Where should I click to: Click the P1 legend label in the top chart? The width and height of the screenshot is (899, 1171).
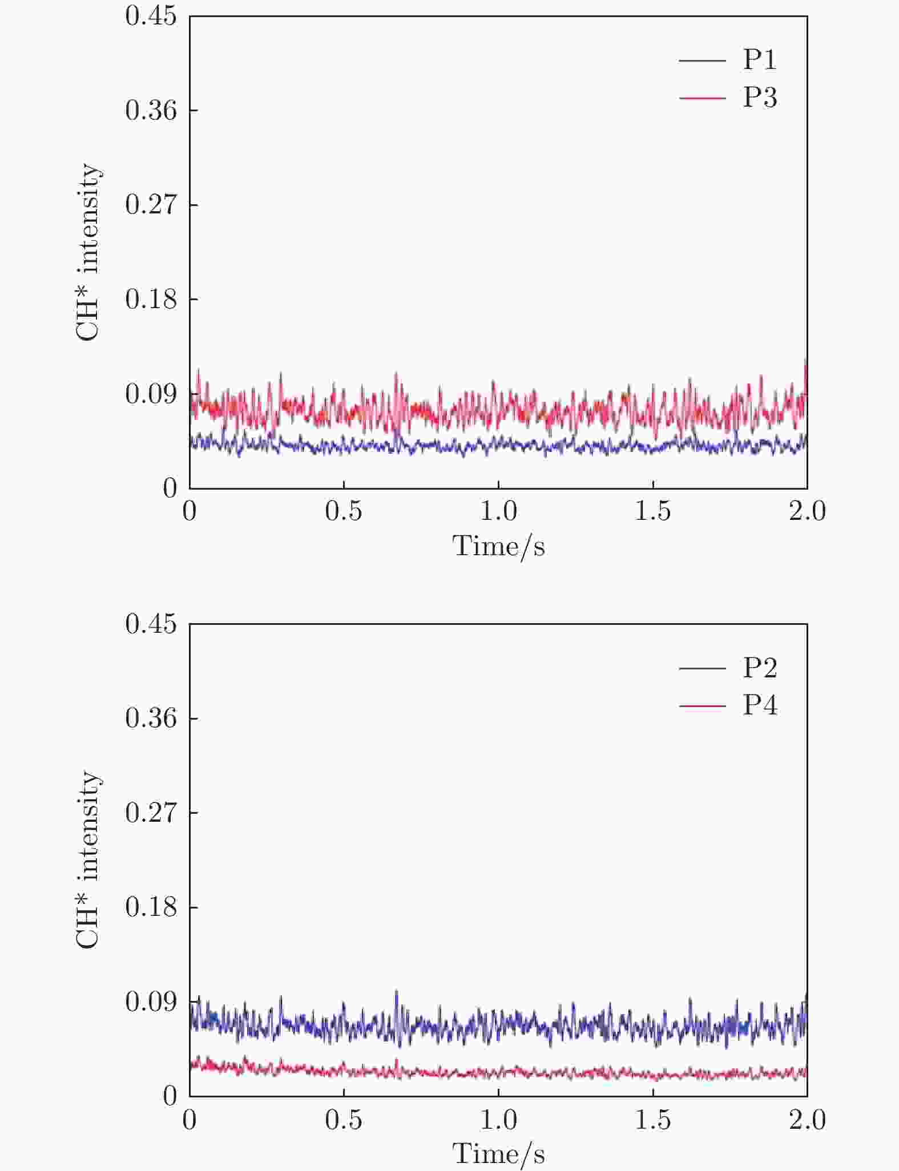[760, 59]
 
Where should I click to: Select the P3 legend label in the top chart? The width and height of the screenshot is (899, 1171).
[760, 98]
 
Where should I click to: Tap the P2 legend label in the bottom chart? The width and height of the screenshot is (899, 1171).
[760, 667]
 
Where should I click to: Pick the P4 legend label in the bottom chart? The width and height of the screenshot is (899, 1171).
[760, 705]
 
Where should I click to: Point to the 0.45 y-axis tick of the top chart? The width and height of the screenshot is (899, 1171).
[151, 16]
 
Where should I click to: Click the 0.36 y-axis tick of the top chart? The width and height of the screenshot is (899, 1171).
[151, 110]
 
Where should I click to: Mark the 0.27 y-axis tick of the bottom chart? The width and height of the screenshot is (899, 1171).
[151, 812]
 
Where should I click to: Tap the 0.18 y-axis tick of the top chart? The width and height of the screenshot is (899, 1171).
[151, 299]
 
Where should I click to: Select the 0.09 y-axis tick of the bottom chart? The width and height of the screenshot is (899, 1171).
[151, 1002]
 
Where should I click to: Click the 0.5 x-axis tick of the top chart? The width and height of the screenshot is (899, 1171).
[344, 511]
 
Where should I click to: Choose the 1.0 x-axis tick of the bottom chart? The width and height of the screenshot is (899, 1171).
[498, 1119]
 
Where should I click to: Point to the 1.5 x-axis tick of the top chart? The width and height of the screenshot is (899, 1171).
[653, 511]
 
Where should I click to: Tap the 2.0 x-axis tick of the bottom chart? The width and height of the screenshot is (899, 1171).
[807, 1119]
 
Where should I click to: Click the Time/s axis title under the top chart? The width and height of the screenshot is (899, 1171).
[498, 546]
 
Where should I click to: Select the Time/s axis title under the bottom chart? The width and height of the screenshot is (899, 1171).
[498, 1154]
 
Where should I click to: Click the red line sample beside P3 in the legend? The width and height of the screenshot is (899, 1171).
[702, 98]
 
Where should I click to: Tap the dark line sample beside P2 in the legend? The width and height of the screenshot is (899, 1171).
[702, 668]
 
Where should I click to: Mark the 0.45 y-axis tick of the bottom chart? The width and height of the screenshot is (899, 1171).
[151, 624]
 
